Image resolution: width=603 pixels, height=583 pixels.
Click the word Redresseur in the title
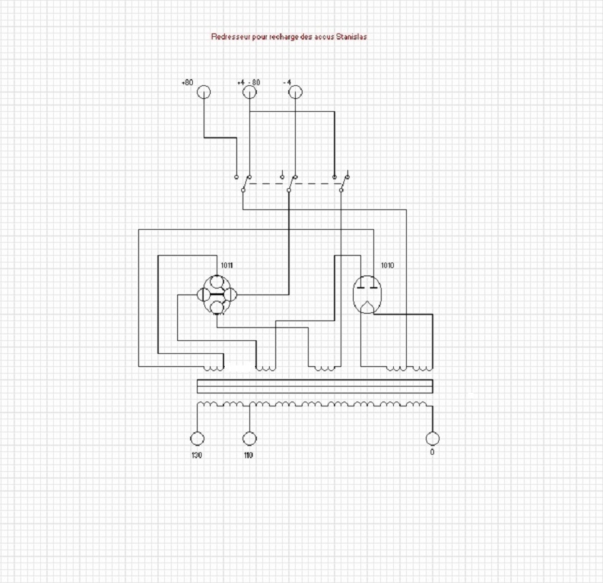tap(230, 37)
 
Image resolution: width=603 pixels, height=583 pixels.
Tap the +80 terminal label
tap(187, 83)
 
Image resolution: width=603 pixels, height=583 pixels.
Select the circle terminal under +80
tap(204, 91)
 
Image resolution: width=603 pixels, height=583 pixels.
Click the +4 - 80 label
tap(249, 83)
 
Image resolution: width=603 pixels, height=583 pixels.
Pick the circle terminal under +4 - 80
tap(249, 91)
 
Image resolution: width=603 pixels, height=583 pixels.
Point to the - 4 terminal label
tap(288, 83)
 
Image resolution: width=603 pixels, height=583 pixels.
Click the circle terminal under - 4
tap(295, 91)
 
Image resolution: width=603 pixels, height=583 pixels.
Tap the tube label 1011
tap(226, 265)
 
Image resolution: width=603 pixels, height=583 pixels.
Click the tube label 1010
tap(387, 265)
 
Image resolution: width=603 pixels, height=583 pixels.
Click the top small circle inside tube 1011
tap(217, 282)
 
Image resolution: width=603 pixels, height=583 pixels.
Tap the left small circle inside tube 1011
tap(203, 295)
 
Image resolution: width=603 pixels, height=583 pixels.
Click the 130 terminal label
tap(196, 454)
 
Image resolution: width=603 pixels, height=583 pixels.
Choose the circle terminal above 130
tap(197, 438)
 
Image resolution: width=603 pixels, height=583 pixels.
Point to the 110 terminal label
tap(248, 454)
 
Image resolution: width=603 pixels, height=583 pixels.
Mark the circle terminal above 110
tap(249, 438)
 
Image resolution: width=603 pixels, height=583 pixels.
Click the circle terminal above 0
tap(432, 438)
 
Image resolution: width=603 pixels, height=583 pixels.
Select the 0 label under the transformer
tap(431, 453)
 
